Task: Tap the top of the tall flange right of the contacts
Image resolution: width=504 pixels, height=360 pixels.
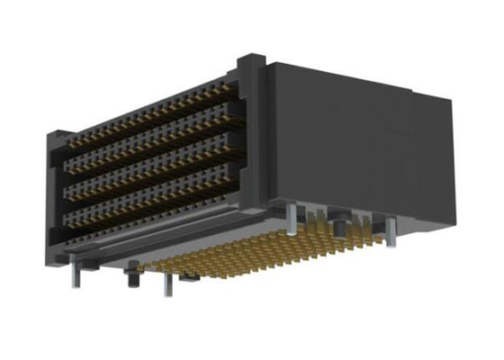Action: click(x=249, y=61)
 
